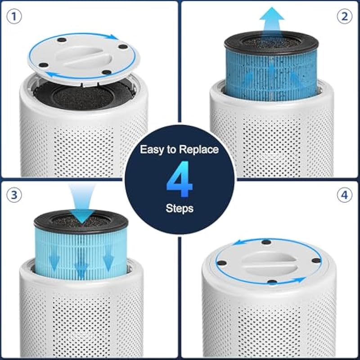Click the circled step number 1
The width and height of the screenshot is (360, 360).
point(14,17)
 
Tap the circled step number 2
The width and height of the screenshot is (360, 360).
point(345,17)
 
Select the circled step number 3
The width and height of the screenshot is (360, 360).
point(14,195)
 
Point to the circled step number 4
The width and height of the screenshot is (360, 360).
point(345,195)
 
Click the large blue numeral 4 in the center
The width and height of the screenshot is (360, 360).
point(179,179)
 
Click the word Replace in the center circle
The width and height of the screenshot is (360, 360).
point(199,150)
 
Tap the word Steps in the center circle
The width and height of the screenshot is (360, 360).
point(180,208)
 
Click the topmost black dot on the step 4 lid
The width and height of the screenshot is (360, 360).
point(266,242)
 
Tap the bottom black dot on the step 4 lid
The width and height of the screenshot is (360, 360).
point(272,282)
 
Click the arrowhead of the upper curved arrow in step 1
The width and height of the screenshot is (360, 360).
point(113,37)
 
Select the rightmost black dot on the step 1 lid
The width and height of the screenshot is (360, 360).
point(123,47)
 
